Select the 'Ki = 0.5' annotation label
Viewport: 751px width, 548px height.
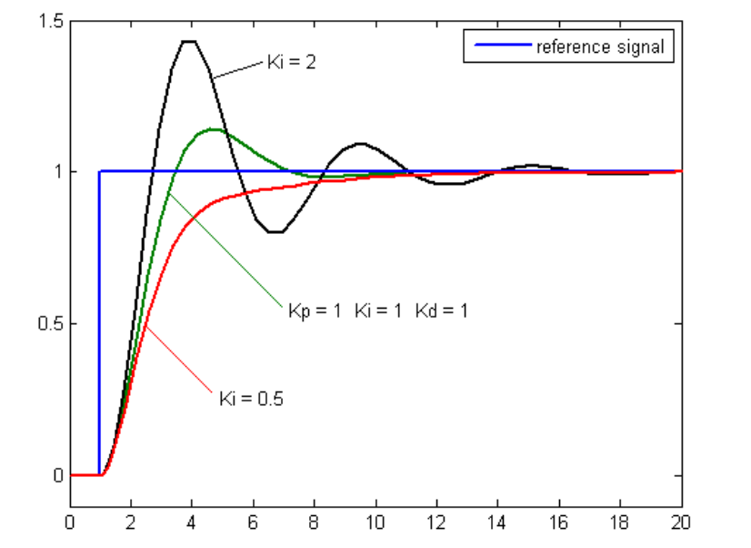click(x=251, y=398)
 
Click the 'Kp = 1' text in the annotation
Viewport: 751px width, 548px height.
click(x=315, y=310)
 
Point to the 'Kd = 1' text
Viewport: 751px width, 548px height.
click(x=442, y=310)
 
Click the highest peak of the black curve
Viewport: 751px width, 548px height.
click(x=189, y=41)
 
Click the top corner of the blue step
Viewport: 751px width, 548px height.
click(x=100, y=171)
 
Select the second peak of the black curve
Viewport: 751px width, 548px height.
click(x=361, y=143)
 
